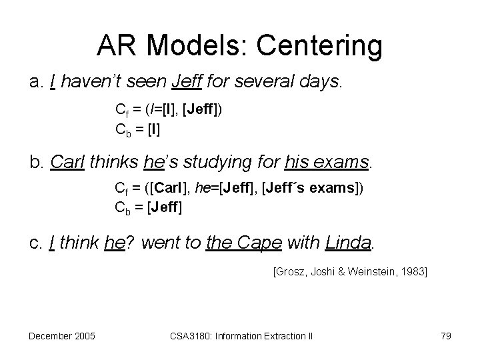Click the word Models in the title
pyautogui.click(x=192, y=46)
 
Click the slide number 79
pyautogui.click(x=445, y=335)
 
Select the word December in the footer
pyautogui.click(x=51, y=335)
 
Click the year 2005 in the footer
pyautogui.click(x=85, y=335)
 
